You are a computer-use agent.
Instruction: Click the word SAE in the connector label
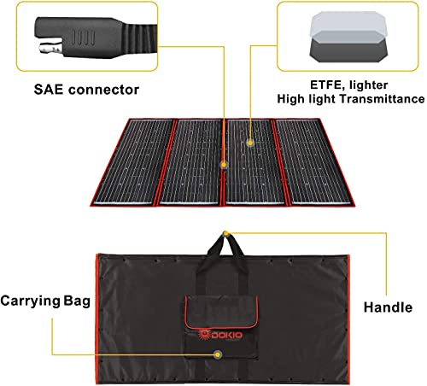pyautogui.click(x=48, y=90)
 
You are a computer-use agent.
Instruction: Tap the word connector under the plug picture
pyautogui.click(x=103, y=90)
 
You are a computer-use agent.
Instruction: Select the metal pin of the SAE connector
pyautogui.click(x=50, y=48)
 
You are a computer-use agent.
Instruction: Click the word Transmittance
pyautogui.click(x=382, y=99)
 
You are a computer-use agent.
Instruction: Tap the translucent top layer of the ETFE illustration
pyautogui.click(x=348, y=24)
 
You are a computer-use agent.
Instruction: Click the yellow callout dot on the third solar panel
pyautogui.click(x=250, y=143)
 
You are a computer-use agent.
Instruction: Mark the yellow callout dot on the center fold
pyautogui.click(x=224, y=165)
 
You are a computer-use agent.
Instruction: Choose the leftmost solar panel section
pyautogui.click(x=134, y=161)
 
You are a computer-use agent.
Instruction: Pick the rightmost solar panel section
pyautogui.click(x=313, y=161)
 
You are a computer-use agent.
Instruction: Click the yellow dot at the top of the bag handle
pyautogui.click(x=225, y=233)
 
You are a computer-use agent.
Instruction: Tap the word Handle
pyautogui.click(x=388, y=307)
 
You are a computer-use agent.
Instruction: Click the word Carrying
pyautogui.click(x=30, y=301)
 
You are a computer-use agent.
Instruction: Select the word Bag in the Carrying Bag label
pyautogui.click(x=77, y=301)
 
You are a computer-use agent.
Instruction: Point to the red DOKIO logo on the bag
pyautogui.click(x=220, y=335)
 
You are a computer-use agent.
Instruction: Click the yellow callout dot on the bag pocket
pyautogui.click(x=218, y=354)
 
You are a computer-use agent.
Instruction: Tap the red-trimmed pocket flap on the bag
pyautogui.click(x=221, y=313)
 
